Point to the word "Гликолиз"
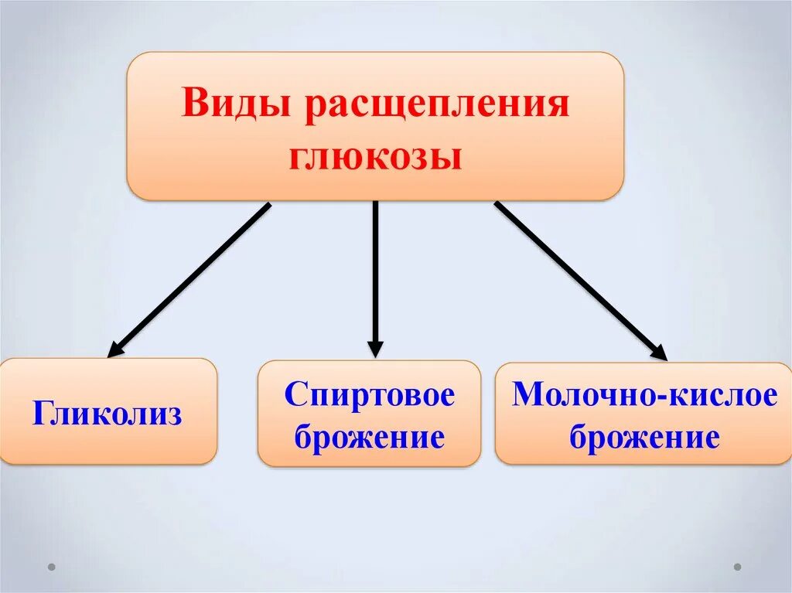click(x=108, y=414)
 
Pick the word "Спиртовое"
click(x=369, y=395)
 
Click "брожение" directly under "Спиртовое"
click(x=369, y=438)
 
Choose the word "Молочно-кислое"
click(x=644, y=395)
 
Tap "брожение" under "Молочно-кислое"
click(x=644, y=438)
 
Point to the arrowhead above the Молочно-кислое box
click(x=658, y=352)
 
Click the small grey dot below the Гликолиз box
click(x=52, y=566)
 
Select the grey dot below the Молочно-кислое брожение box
click(x=737, y=566)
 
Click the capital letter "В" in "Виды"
click(x=193, y=104)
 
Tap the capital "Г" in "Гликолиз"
click(x=42, y=414)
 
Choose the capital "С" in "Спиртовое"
click(x=295, y=395)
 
